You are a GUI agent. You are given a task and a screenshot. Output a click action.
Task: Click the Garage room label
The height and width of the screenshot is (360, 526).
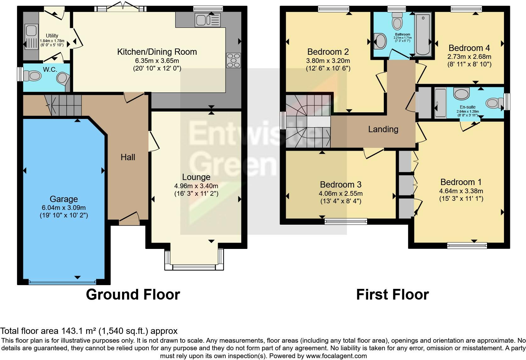(64, 199)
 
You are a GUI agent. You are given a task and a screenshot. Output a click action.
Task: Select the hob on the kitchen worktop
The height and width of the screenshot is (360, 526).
(233, 60)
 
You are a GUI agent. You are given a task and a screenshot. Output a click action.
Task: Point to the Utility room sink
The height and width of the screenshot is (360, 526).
(31, 31)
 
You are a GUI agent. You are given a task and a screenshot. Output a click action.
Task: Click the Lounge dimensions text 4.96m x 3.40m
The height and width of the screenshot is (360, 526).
(196, 186)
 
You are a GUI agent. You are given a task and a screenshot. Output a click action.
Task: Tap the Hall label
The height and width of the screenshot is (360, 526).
(128, 157)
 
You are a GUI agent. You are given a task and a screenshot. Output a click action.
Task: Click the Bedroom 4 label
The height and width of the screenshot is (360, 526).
(469, 48)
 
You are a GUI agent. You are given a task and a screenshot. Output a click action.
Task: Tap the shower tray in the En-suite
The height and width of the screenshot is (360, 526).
(440, 103)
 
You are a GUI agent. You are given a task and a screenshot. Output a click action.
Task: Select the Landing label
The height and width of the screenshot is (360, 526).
(383, 129)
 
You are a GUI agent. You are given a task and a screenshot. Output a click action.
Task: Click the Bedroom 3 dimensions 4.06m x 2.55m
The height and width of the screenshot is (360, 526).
(341, 194)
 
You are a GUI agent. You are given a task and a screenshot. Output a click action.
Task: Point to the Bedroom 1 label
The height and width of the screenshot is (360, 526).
(461, 182)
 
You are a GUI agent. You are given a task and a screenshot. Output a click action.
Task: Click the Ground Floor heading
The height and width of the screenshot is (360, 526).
(133, 295)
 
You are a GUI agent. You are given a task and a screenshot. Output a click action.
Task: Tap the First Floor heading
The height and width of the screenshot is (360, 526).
(392, 295)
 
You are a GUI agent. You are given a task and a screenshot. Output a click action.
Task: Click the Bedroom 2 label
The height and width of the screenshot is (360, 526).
(328, 52)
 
